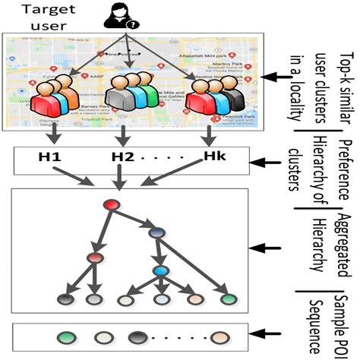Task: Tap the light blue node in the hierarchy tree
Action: (161, 271)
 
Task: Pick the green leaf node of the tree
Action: (228, 299)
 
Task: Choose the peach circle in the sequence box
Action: (221, 336)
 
